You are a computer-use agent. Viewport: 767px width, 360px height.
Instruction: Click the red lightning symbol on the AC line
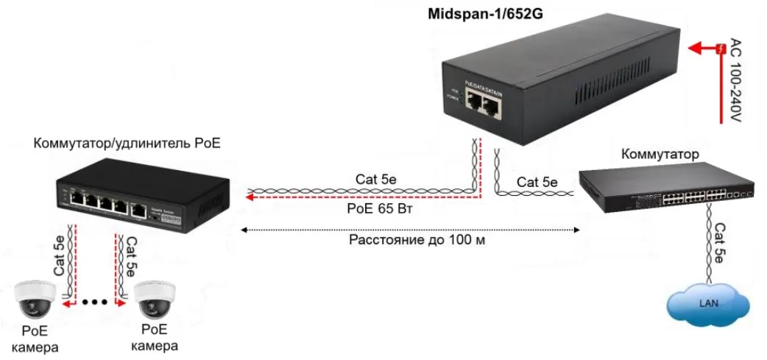tap(721, 49)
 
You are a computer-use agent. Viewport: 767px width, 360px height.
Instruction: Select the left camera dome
tap(35, 298)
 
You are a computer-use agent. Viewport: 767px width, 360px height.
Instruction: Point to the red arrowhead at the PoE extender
tap(250, 197)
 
